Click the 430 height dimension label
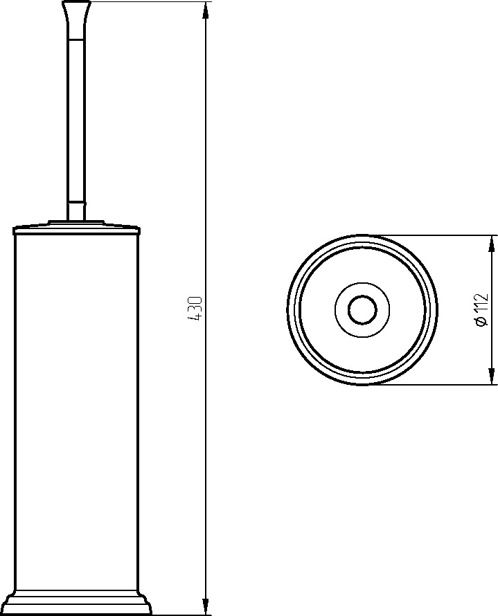[x=195, y=309]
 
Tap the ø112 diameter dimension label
[x=481, y=310]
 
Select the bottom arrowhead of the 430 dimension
[x=205, y=606]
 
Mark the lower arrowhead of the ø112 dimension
[x=491, y=376]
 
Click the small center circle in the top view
[x=362, y=310]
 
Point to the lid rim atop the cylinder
[x=76, y=229]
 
